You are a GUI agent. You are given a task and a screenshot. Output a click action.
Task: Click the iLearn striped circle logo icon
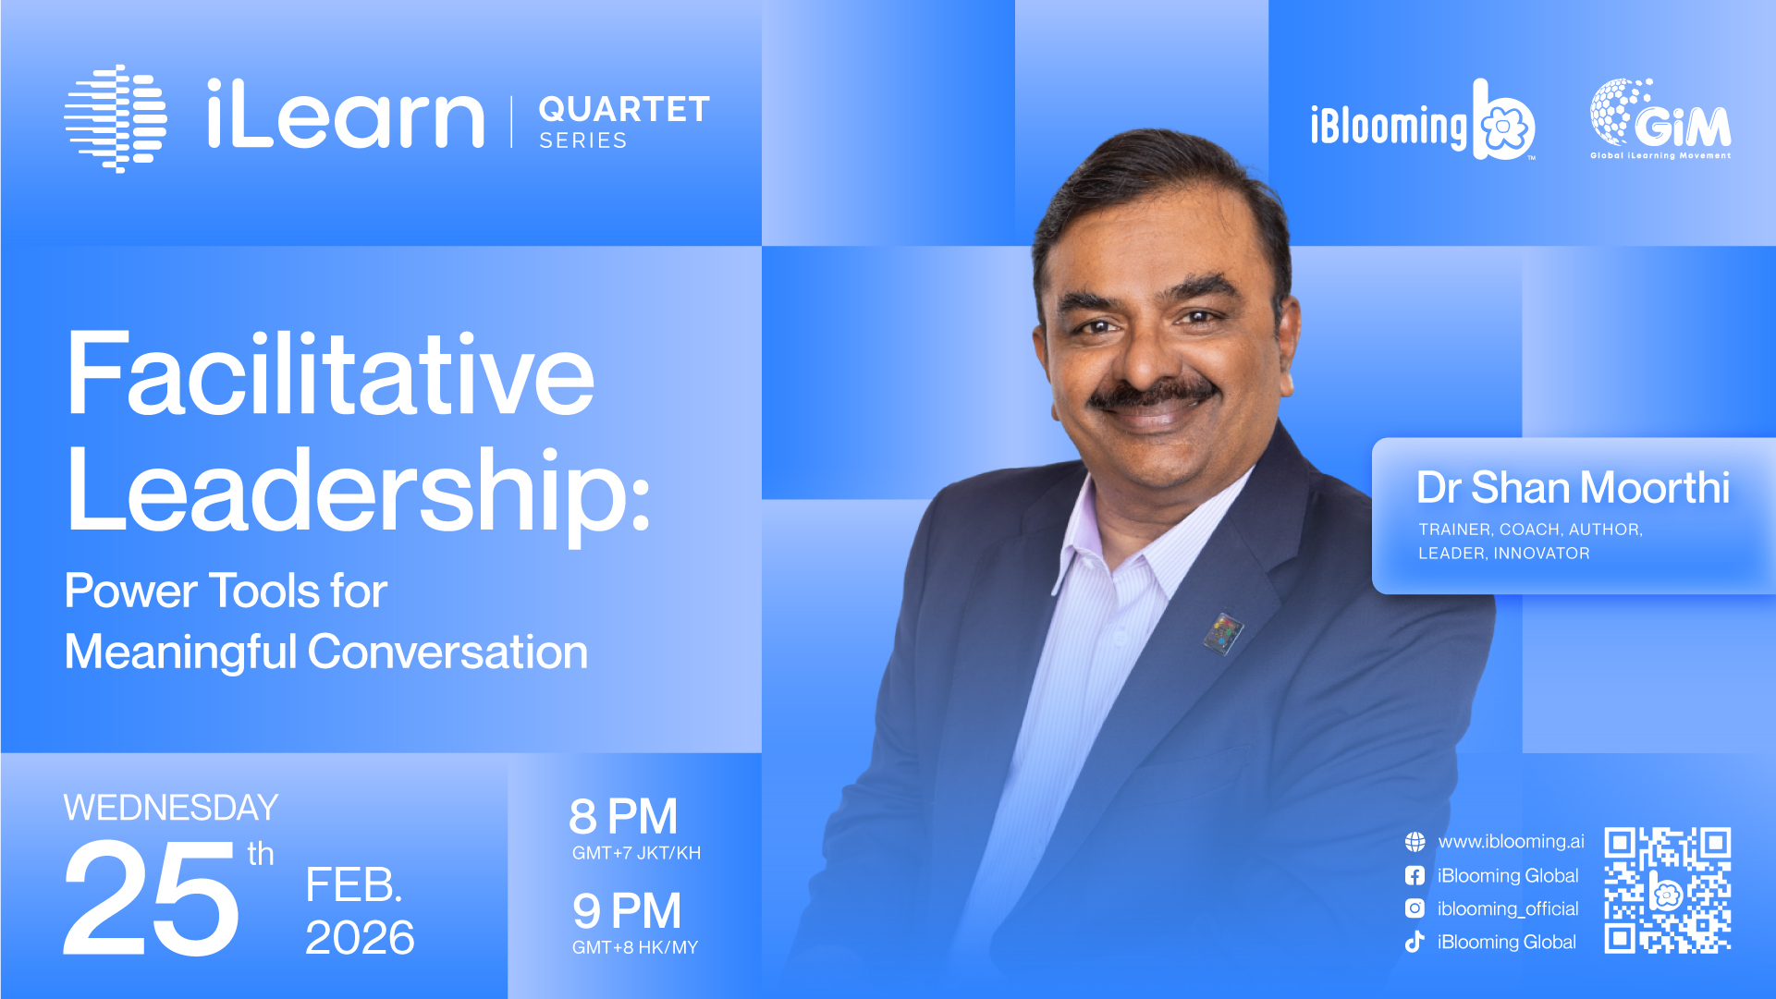[116, 118]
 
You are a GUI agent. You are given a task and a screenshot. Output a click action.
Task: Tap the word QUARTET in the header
[624, 109]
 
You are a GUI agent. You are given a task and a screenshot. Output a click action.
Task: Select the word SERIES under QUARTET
[583, 140]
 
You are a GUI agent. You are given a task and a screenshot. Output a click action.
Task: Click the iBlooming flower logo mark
[1503, 120]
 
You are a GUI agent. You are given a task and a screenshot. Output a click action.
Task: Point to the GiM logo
[1660, 118]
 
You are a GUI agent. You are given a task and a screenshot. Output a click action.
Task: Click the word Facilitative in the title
[330, 374]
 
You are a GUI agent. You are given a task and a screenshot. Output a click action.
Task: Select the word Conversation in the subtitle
[447, 652]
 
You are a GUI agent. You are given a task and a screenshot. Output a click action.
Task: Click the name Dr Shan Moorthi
[1573, 487]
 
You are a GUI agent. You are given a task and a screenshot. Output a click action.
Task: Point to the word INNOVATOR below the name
[1542, 554]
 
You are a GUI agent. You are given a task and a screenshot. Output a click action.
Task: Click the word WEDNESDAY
[171, 808]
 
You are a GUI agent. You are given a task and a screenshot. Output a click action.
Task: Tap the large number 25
[152, 898]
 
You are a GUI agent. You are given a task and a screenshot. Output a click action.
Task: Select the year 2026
[360, 938]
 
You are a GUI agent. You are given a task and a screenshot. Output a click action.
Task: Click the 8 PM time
[623, 817]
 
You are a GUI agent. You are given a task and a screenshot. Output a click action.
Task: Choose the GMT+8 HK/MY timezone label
[635, 947]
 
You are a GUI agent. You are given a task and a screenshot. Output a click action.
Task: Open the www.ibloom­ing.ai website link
[1511, 842]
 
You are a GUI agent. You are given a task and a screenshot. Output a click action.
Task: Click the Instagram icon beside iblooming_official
[1415, 908]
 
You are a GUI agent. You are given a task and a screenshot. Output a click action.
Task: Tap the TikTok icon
[1415, 942]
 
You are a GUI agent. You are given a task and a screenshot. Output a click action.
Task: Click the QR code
[1668, 890]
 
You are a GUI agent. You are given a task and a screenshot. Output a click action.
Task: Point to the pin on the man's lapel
[1223, 633]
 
